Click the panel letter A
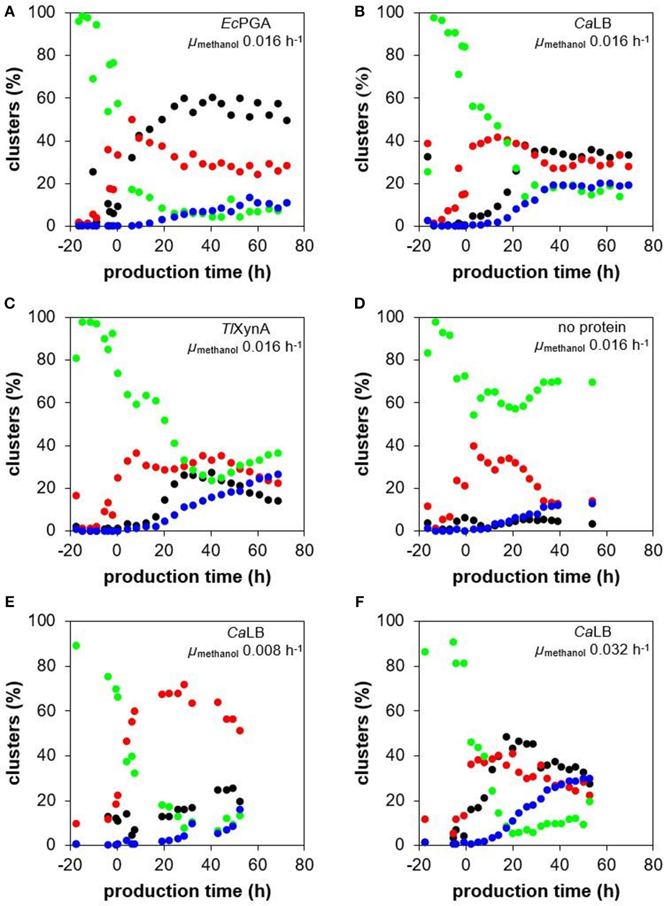[9, 12]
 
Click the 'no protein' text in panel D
[592, 328]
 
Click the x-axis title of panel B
[535, 272]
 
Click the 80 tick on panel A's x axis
[304, 245]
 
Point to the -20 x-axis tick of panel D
[419, 550]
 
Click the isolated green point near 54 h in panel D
[592, 382]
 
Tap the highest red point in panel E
[184, 684]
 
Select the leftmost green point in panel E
[76, 645]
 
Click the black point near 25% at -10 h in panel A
[93, 172]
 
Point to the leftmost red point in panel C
[76, 495]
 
